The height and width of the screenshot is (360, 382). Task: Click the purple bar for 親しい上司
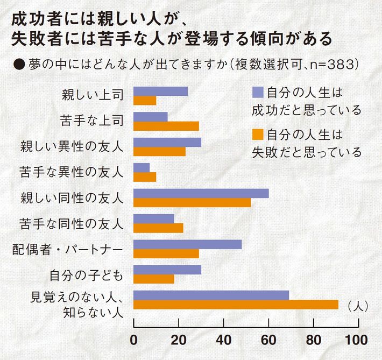[x=160, y=91]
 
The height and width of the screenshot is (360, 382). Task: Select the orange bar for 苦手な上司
[x=166, y=125]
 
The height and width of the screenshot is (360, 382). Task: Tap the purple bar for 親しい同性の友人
[x=201, y=193]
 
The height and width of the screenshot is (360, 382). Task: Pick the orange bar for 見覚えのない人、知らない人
[x=236, y=305]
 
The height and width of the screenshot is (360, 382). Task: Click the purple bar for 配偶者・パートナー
[x=187, y=244]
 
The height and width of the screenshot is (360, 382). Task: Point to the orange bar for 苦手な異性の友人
[x=144, y=177]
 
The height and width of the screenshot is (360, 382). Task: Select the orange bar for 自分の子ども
[x=153, y=279]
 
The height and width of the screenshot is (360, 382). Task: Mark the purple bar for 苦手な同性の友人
[x=153, y=218]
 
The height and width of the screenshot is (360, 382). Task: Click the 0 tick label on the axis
[x=133, y=341]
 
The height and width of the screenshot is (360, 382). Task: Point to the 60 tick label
[x=268, y=341]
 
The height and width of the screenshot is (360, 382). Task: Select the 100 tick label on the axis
[x=357, y=341]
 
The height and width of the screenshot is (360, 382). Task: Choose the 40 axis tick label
[x=223, y=341]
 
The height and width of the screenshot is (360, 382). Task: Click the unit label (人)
[x=357, y=306]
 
